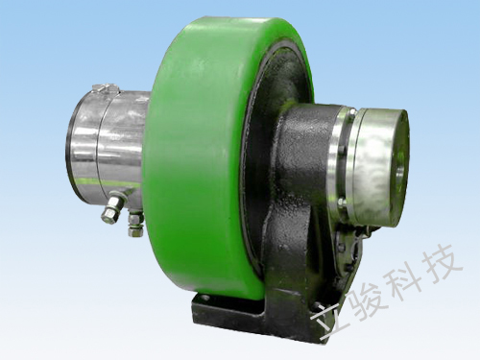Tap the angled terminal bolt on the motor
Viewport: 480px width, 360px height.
(112, 208)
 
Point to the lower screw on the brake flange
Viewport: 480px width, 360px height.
(342, 202)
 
